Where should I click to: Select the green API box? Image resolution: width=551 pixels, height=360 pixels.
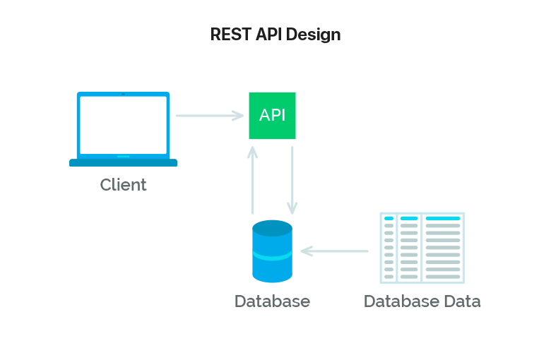(x=272, y=116)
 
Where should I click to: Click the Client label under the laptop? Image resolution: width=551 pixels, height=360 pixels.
(x=123, y=185)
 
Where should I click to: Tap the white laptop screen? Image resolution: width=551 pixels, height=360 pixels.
(x=123, y=124)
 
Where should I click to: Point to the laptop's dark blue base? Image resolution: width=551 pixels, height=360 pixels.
(x=123, y=163)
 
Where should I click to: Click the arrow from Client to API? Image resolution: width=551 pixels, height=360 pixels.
(x=209, y=115)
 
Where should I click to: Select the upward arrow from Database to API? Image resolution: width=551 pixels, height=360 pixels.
(x=253, y=180)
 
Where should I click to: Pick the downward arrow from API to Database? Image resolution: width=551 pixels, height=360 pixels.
(x=292, y=180)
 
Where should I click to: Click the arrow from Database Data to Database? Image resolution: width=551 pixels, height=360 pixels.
(x=335, y=251)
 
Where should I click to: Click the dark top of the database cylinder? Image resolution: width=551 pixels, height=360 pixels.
(x=272, y=228)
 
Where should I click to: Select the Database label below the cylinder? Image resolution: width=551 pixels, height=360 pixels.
(x=272, y=301)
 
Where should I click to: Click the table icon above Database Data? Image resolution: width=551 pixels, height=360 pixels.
(x=422, y=248)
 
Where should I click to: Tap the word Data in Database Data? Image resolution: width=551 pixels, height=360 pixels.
(x=462, y=301)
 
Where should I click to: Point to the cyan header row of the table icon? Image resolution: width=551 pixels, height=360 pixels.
(x=422, y=219)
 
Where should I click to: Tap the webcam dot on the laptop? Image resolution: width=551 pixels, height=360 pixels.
(x=123, y=94)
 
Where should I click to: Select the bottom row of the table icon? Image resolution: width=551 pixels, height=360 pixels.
(x=422, y=277)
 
